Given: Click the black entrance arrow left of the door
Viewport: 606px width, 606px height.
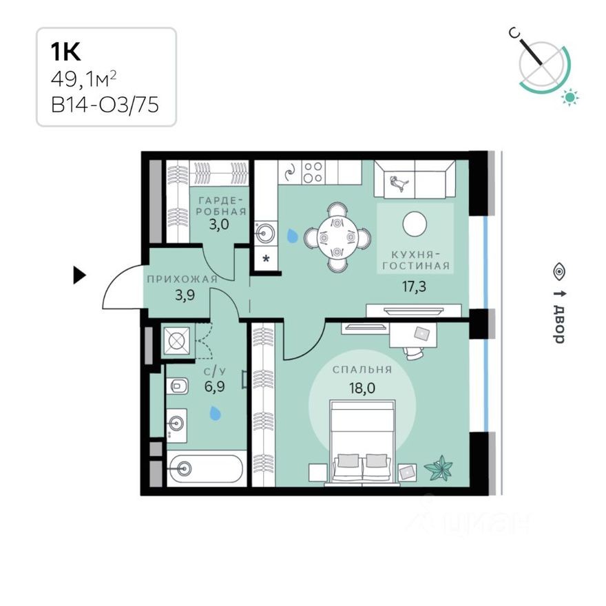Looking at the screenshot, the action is coord(80,276).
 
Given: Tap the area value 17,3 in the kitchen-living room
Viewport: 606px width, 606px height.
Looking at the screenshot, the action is coord(415,286).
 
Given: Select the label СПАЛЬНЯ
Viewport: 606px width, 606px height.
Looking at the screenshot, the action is coord(362,370).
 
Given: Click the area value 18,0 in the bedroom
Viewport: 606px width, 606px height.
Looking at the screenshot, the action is coord(362,387).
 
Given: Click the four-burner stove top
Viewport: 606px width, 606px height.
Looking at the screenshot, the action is coord(313,172).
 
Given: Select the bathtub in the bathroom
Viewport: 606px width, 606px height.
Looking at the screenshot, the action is coord(205,468).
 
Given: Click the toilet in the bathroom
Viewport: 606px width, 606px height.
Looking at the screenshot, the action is coord(177,386).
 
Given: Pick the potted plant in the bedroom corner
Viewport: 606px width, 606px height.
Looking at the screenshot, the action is coord(439,470).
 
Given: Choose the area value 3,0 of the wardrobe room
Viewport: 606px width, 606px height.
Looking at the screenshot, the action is coord(219,224).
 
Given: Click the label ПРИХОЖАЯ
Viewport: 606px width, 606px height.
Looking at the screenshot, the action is coord(181,279).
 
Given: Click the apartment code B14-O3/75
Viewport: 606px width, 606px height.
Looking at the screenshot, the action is coord(104,105).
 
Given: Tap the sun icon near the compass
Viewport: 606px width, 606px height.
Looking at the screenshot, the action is coord(570,97).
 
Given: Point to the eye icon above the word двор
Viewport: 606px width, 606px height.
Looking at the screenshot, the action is coord(558,271).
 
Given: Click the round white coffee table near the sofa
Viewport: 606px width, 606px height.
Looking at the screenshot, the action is coord(415,222).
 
